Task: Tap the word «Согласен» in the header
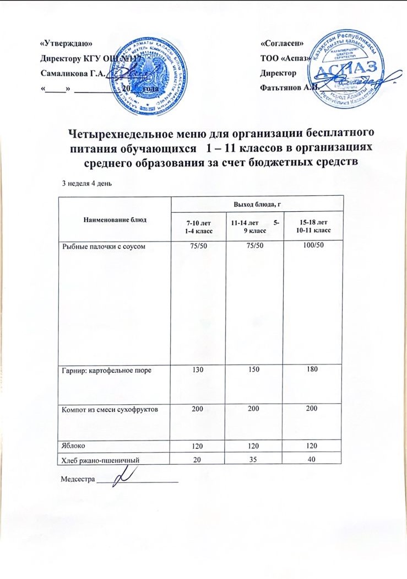click(281, 43)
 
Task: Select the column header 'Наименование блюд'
click(115, 219)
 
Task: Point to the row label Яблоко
click(73, 443)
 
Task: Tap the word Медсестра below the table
click(77, 479)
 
